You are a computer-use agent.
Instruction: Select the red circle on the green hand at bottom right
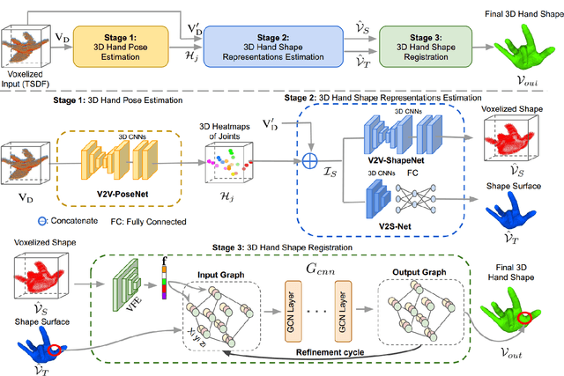coord(527,316)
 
